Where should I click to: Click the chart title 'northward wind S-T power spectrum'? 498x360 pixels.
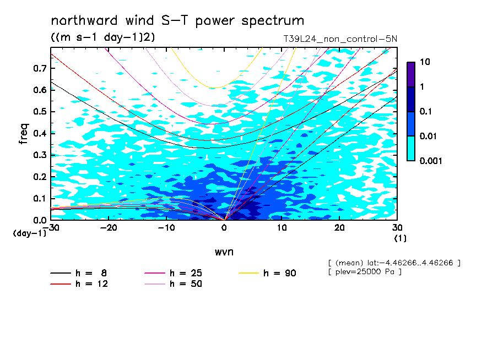tap(177, 21)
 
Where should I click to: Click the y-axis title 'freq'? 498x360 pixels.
tap(24, 134)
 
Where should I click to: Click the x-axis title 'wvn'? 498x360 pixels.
tap(224, 252)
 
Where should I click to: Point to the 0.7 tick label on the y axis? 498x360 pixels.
tap(40, 68)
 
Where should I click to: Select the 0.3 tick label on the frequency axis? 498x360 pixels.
tap(40, 155)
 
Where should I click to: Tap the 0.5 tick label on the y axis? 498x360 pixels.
tap(40, 112)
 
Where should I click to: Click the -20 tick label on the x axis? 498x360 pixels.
tap(109, 228)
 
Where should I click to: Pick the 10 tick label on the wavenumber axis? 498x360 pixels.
tap(282, 228)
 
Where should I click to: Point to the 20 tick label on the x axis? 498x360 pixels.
tap(339, 228)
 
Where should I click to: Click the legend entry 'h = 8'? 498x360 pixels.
tap(78, 273)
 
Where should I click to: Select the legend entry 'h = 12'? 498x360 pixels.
tap(79, 284)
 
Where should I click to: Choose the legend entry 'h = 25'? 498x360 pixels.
tap(173, 273)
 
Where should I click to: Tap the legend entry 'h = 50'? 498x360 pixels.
tap(173, 284)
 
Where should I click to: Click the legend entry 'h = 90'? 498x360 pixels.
tap(267, 273)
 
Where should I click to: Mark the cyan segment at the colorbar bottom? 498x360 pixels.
tap(411, 149)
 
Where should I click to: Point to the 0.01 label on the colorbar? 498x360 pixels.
tap(429, 136)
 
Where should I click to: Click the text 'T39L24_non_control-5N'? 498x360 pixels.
tap(340, 39)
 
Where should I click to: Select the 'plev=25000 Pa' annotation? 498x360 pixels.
tap(365, 272)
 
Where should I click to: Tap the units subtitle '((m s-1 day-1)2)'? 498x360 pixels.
tap(103, 37)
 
